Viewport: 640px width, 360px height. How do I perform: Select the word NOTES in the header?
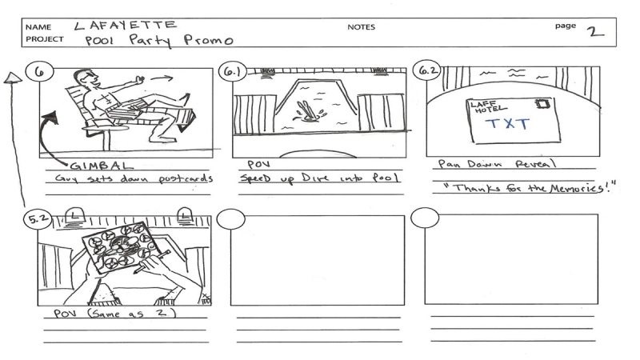[361, 27]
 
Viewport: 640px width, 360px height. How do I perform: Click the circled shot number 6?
[38, 70]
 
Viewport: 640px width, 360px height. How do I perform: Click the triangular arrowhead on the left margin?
[12, 78]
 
